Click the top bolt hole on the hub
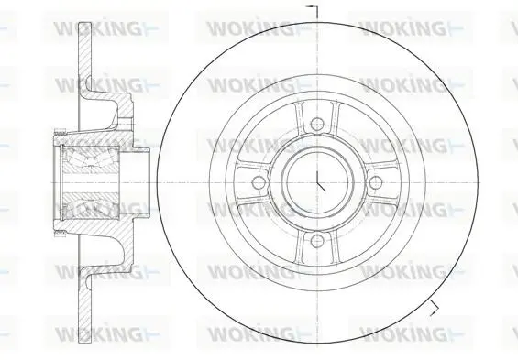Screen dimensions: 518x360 tap(317, 124)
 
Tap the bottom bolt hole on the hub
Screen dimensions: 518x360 tap(317, 241)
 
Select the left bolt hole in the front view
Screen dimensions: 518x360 tap(259, 182)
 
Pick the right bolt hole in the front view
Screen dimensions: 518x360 tap(375, 182)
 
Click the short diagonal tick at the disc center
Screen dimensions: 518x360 tap(322, 187)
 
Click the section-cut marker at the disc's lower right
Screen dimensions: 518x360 tap(435, 308)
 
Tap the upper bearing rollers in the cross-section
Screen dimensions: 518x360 tap(89, 158)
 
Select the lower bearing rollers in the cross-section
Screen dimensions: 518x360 tap(89, 205)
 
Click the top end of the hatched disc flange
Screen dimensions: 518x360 tap(85, 24)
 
